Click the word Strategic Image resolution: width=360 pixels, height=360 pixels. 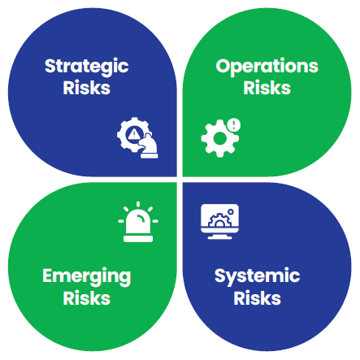point(86,67)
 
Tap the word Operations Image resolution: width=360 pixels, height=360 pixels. point(267,67)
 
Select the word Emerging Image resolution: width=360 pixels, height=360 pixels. point(87,277)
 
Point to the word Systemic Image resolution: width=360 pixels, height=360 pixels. point(257,276)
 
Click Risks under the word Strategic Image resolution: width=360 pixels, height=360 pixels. point(87,88)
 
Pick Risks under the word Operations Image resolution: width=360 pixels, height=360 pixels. point(267,88)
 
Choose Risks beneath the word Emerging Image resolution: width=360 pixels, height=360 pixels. point(87,298)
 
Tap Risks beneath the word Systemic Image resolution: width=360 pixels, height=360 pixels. point(257,298)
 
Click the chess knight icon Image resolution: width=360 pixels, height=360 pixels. point(149,146)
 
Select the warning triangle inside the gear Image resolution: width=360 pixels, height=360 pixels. point(133,134)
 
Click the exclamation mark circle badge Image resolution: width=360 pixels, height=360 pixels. point(233,125)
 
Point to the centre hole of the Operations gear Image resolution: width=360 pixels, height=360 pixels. point(219,138)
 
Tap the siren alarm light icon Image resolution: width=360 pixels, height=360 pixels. point(138,222)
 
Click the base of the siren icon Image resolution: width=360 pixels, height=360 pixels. point(138,239)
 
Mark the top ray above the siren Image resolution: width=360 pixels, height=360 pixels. point(138,205)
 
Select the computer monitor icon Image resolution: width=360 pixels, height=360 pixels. point(220,222)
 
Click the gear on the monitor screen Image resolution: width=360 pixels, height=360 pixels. point(219,220)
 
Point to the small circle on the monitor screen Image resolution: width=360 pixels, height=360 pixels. point(231,211)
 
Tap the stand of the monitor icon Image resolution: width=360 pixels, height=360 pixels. point(220,236)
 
